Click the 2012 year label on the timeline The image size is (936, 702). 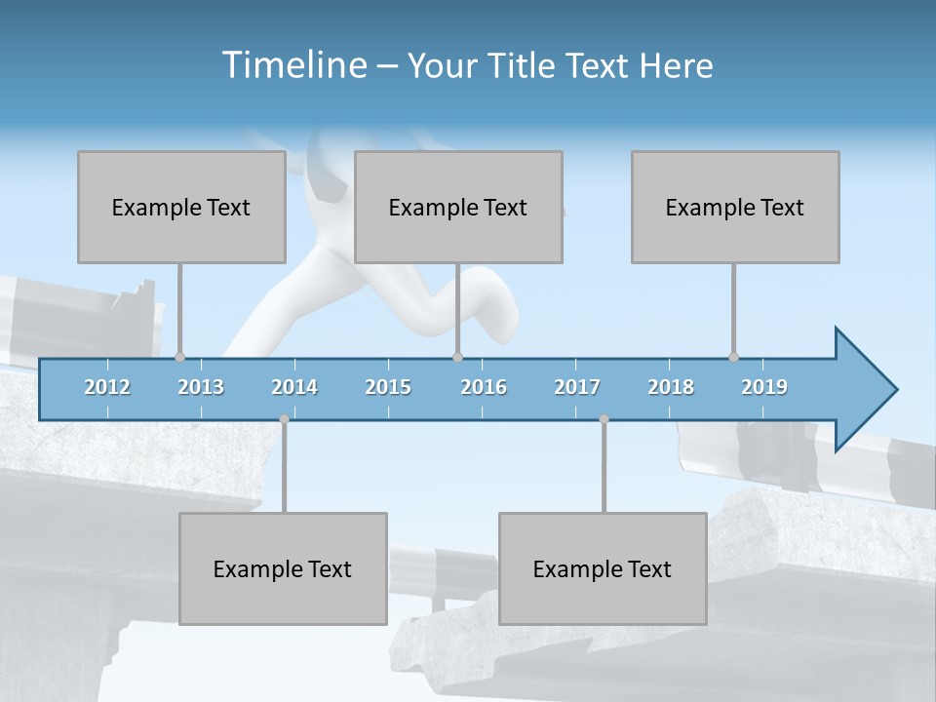click(107, 387)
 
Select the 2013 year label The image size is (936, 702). click(201, 387)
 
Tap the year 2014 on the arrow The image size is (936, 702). click(294, 387)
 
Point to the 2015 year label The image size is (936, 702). click(388, 387)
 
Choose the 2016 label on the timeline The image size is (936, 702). click(484, 387)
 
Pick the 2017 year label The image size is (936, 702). click(577, 387)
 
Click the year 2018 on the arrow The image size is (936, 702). click(671, 387)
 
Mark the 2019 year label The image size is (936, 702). click(764, 387)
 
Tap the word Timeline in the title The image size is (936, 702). click(292, 65)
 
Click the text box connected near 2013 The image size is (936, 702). click(181, 207)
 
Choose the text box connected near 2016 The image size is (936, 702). click(458, 207)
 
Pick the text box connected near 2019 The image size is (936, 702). click(735, 207)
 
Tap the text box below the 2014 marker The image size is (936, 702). click(283, 568)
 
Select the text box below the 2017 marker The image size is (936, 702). click(603, 568)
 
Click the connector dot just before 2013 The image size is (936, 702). click(179, 357)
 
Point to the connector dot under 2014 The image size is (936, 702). click(284, 419)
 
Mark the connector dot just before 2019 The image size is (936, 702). click(733, 357)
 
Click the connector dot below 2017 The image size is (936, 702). click(604, 419)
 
